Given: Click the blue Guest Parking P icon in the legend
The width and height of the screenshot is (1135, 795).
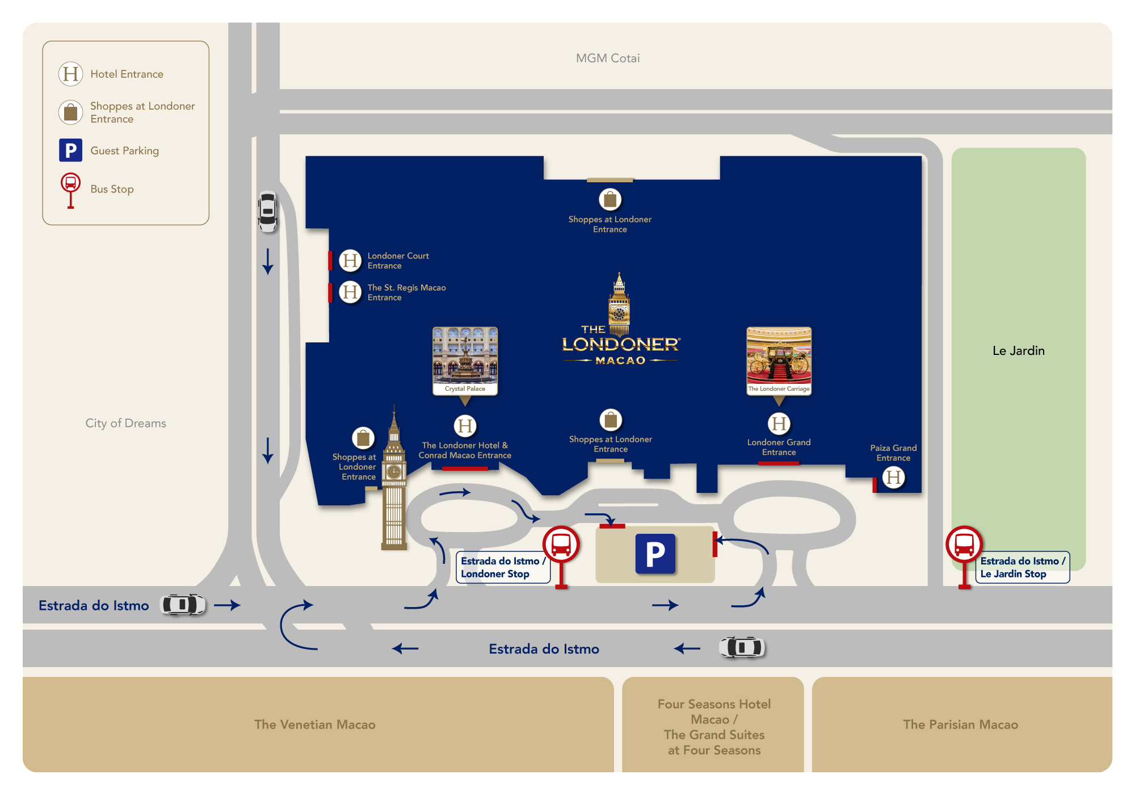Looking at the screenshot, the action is click(x=71, y=150).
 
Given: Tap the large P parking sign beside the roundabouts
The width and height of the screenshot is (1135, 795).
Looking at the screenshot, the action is click(x=655, y=554).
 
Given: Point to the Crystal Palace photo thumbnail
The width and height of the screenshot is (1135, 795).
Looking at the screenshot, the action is click(x=465, y=361).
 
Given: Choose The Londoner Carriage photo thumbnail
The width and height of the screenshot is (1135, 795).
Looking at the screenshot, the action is click(x=779, y=361).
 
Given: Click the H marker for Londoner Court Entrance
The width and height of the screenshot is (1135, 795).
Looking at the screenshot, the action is click(x=350, y=261).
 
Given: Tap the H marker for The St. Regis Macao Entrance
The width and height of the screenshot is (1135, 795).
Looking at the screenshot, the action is click(x=350, y=292).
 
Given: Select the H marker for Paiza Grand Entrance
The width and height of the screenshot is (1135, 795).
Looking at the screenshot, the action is click(x=894, y=478).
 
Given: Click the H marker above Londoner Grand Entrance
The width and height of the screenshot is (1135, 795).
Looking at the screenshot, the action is click(x=779, y=424).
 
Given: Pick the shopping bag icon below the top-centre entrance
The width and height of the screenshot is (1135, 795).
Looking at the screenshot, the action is click(x=610, y=200).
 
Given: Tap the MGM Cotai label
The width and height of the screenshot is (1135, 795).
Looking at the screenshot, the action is click(x=608, y=58).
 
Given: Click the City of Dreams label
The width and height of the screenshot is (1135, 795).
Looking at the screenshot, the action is click(x=126, y=424).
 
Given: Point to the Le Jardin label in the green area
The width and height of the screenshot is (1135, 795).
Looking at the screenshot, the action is click(x=1019, y=351).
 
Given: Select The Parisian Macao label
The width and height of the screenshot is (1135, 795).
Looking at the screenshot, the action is click(x=961, y=725).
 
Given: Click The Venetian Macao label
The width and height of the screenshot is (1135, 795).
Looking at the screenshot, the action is click(x=315, y=725).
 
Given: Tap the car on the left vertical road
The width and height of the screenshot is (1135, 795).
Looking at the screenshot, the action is click(x=268, y=212).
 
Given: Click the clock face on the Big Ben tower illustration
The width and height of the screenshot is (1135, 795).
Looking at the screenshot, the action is click(x=394, y=472).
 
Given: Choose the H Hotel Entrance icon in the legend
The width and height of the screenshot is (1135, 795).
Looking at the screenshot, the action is click(x=71, y=74).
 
